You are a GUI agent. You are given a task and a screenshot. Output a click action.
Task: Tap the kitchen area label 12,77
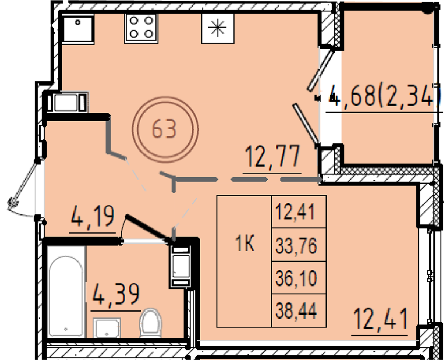point(272,157)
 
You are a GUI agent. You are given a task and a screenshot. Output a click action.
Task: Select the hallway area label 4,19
point(93,217)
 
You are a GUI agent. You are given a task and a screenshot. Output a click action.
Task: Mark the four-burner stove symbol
point(141,28)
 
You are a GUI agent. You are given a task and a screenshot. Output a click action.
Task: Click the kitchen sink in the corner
point(78,28)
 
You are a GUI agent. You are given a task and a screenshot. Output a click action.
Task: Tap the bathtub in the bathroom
point(66,292)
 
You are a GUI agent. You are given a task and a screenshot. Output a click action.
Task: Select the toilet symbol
point(151,322)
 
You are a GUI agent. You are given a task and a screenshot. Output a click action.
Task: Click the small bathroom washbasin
point(107,328)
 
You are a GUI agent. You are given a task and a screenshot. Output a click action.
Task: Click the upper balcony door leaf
point(321,70)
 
